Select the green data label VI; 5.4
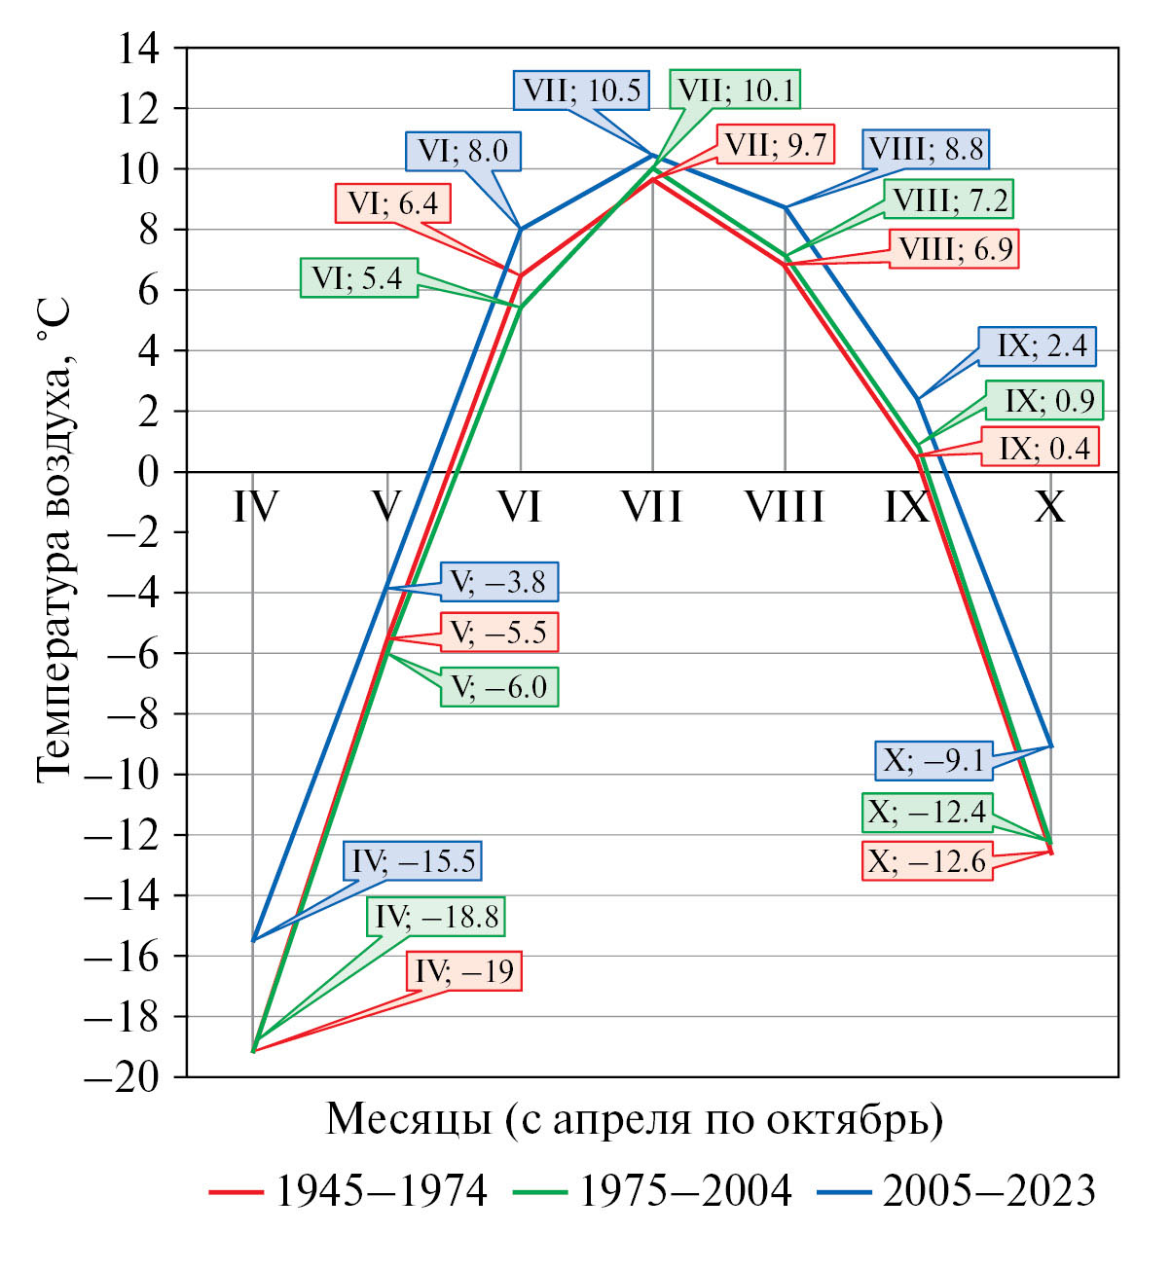pyautogui.click(x=357, y=278)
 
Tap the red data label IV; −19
pyautogui.click(x=464, y=971)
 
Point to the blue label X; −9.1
pyautogui.click(x=933, y=760)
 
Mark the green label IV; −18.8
pyautogui.click(x=437, y=916)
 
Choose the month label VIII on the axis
pyautogui.click(x=785, y=508)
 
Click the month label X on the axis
pyautogui.click(x=1049, y=508)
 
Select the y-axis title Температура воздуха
pyautogui.click(x=55, y=540)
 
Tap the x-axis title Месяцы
pyautogui.click(x=634, y=1120)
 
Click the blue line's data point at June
pyautogui.click(x=521, y=230)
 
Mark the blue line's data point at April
pyautogui.click(x=253, y=940)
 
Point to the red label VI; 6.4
pyautogui.click(x=393, y=203)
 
